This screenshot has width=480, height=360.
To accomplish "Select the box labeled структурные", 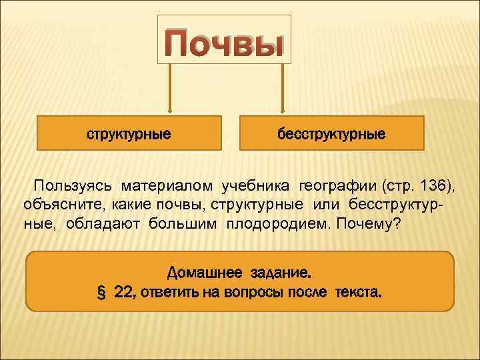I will tap(129, 133).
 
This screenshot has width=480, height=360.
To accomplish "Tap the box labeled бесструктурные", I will tap(331, 133).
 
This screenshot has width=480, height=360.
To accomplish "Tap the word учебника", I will tap(257, 185).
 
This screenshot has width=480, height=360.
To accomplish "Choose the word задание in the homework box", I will tap(281, 272).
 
